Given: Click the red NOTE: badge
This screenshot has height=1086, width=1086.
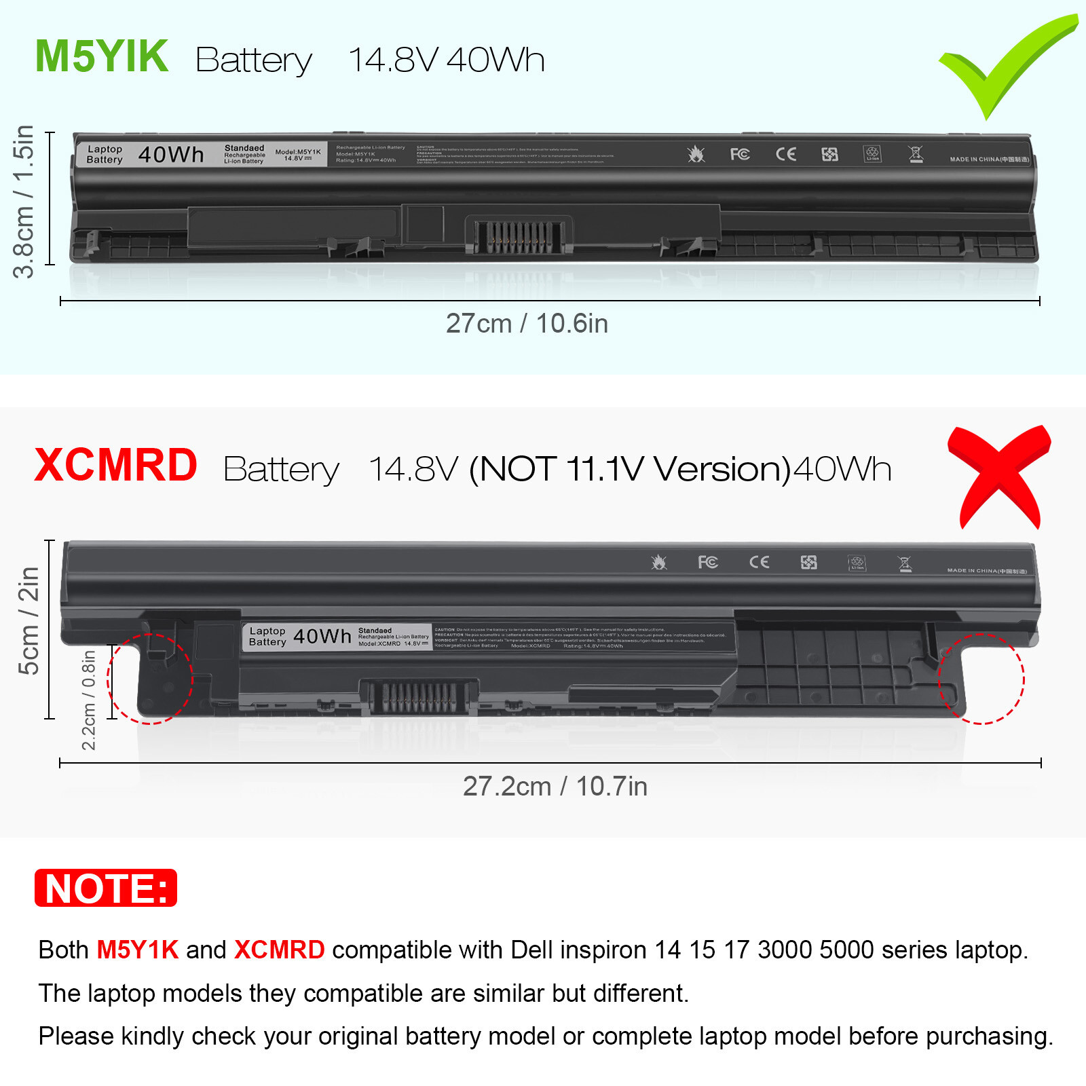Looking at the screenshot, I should pyautogui.click(x=106, y=888).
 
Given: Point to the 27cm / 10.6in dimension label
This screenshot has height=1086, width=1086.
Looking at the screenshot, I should pyautogui.click(x=527, y=324).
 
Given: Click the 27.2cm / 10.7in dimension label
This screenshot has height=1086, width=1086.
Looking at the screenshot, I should pyautogui.click(x=555, y=787).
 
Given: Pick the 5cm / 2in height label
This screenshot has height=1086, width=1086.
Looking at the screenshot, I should pyautogui.click(x=29, y=620).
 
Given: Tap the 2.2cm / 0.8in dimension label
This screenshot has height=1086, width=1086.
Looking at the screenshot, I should pyautogui.click(x=89, y=700).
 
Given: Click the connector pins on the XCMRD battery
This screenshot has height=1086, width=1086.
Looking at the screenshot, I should pyautogui.click(x=419, y=697).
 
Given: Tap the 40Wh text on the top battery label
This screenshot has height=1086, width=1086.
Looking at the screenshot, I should pyautogui.click(x=171, y=155).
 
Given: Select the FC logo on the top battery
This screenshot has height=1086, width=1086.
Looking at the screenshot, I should pyautogui.click(x=740, y=154).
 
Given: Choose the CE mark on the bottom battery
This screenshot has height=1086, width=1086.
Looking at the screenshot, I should pyautogui.click(x=760, y=562).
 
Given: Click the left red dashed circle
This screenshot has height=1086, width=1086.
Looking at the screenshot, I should pyautogui.click(x=150, y=679).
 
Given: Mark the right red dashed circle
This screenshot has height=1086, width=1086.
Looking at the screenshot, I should pyautogui.click(x=981, y=679).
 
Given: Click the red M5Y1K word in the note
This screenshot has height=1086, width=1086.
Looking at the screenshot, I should pyautogui.click(x=137, y=950).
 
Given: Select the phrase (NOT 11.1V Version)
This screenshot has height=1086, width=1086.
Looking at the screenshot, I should pyautogui.click(x=631, y=469).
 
